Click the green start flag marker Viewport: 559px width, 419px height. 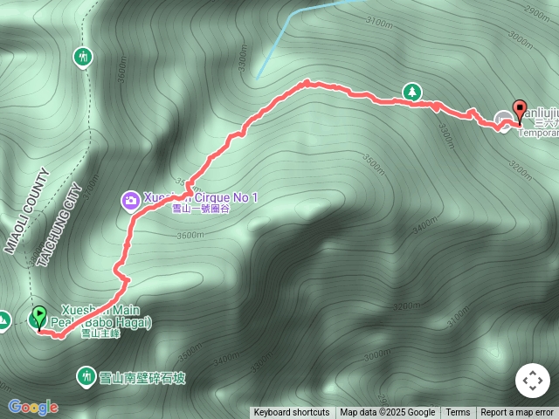[39, 316]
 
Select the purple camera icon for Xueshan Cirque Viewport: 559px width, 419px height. [130, 202]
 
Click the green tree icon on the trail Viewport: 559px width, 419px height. [411, 91]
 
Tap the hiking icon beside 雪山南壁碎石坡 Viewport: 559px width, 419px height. [86, 376]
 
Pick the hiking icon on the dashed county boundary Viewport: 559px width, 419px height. [82, 57]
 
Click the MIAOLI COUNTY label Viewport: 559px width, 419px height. [25, 210]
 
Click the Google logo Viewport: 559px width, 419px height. [32, 407]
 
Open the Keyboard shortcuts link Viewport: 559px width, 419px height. [292, 413]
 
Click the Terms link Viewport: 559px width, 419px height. [458, 413]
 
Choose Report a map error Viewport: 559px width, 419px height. [517, 413]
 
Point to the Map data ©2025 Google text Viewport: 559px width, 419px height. [387, 413]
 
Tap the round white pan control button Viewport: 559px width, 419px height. [532, 381]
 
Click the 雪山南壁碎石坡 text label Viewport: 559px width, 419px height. [142, 377]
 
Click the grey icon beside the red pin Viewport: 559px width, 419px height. [504, 120]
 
